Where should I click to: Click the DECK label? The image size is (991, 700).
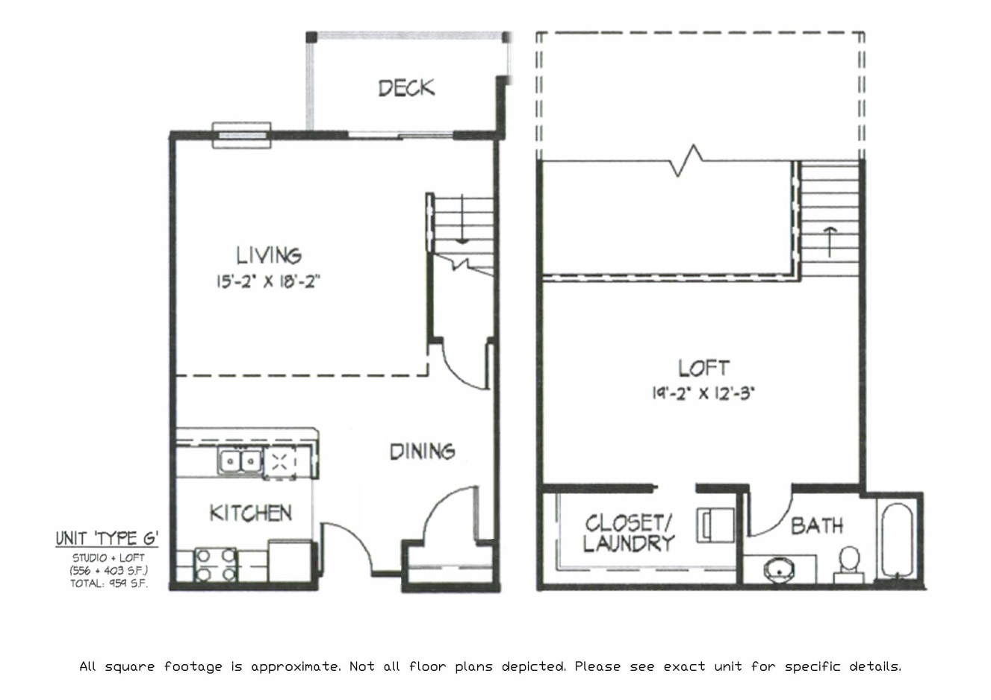[406, 88]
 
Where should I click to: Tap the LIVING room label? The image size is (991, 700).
[269, 256]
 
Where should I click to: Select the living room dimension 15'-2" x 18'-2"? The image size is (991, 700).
[269, 282]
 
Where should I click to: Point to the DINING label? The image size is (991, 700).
[422, 451]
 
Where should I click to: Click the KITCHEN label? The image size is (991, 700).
[250, 513]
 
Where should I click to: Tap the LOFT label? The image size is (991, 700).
[703, 368]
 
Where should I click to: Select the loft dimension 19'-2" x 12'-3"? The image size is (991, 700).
[703, 393]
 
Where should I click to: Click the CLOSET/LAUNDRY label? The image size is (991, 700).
[628, 533]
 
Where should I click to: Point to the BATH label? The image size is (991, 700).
[817, 526]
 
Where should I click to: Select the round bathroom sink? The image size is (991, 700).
[780, 572]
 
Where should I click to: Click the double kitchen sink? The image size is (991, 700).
[240, 462]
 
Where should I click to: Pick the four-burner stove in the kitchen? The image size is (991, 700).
[216, 565]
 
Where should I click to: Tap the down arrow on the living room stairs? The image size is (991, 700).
[462, 220]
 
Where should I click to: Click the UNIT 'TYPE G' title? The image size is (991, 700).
[107, 539]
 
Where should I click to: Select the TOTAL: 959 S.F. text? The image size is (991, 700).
[109, 584]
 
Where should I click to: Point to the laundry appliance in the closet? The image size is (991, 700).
[715, 525]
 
